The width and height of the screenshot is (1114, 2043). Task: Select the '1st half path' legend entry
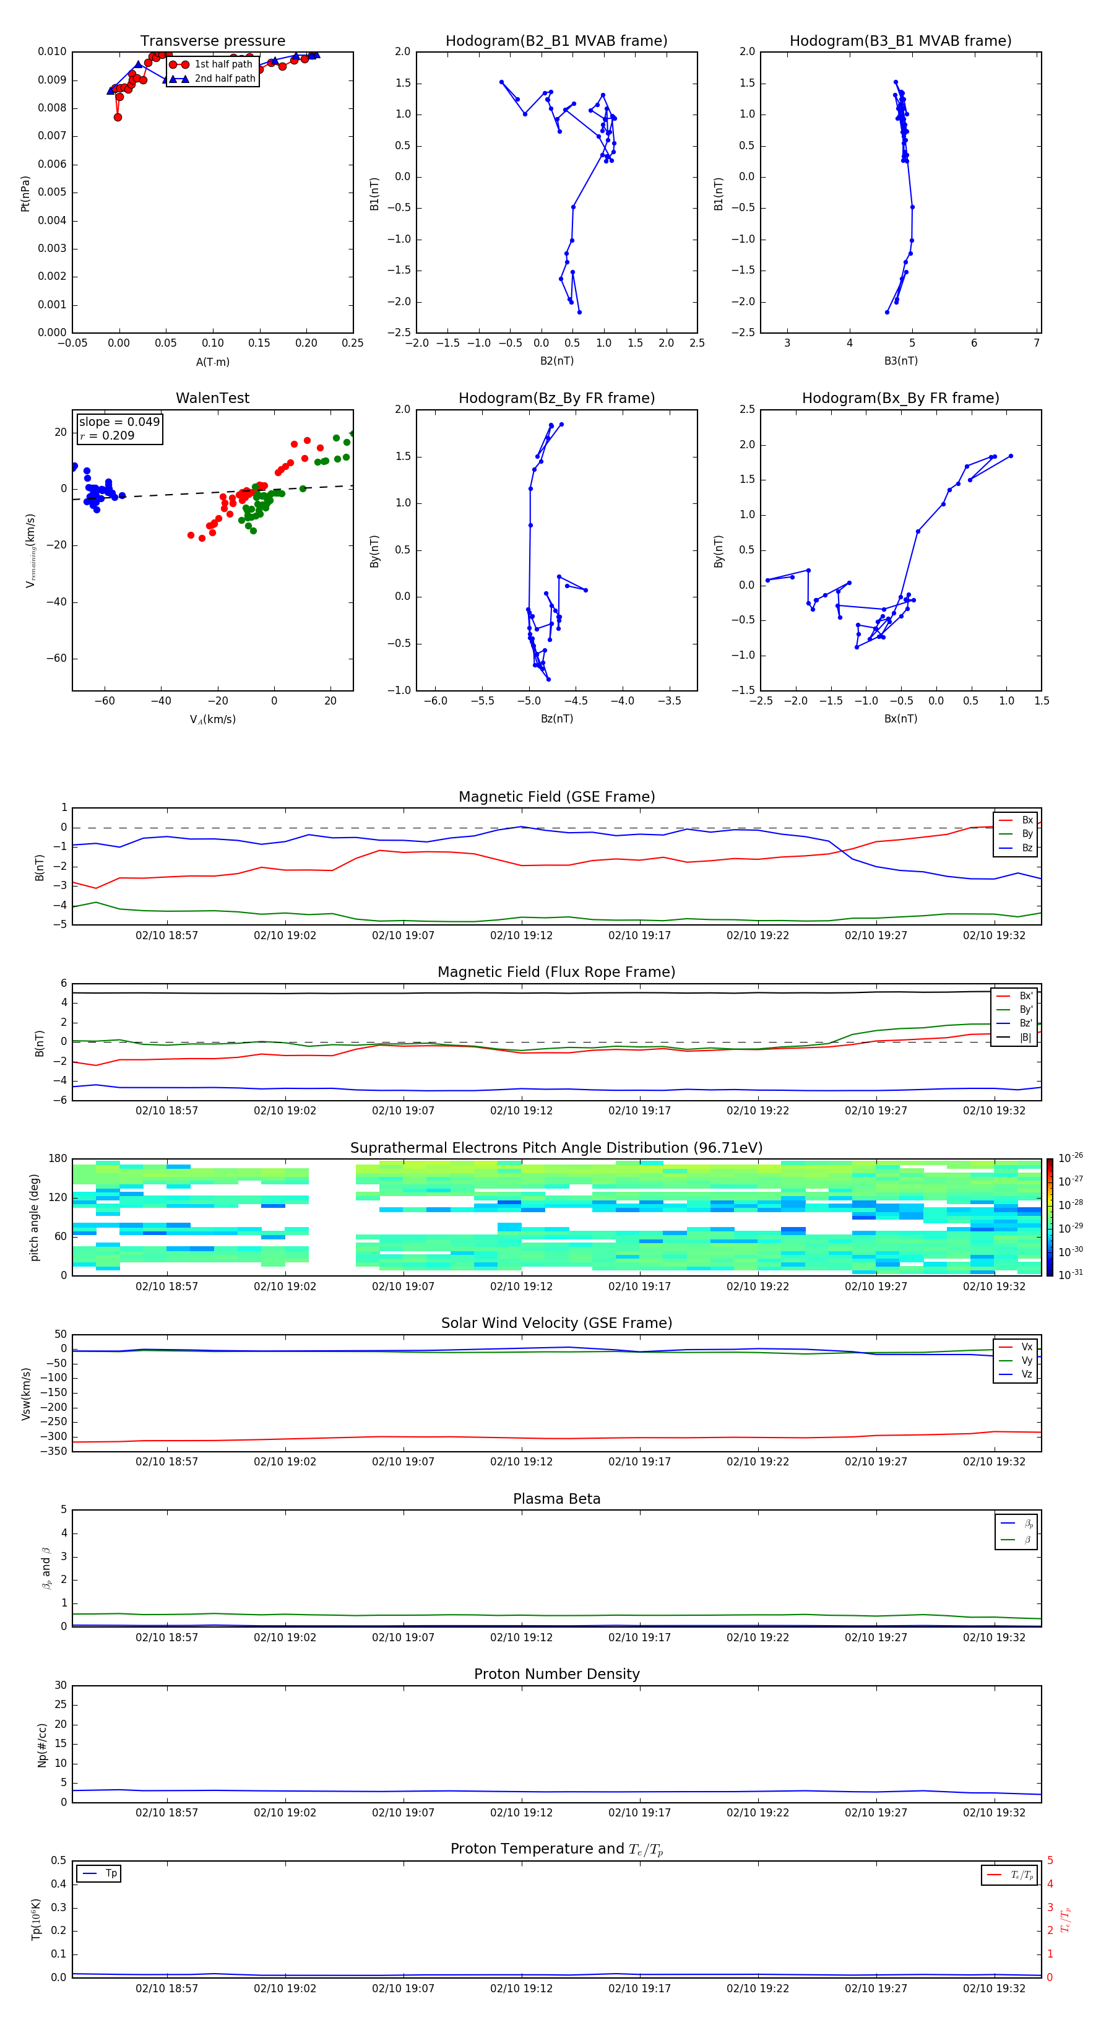pos(223,64)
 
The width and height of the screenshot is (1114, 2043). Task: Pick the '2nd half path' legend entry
pos(225,79)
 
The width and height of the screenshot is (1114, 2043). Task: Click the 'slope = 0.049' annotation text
pos(119,422)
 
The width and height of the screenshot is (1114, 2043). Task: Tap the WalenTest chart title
pos(212,398)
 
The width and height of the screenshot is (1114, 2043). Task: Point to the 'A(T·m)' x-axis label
pos(212,362)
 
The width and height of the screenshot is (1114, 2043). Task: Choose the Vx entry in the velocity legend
pos(1026,1347)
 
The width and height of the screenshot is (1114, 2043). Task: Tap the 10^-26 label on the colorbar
pos(1071,1158)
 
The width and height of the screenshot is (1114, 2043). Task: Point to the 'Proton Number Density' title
pos(556,1674)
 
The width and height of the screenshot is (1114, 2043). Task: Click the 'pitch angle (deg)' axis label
pos(35,1217)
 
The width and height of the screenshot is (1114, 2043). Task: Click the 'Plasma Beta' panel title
pos(556,1499)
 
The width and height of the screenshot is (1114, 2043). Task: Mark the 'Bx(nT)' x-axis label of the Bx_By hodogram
pos(900,719)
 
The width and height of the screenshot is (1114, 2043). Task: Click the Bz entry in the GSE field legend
pos(1027,848)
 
